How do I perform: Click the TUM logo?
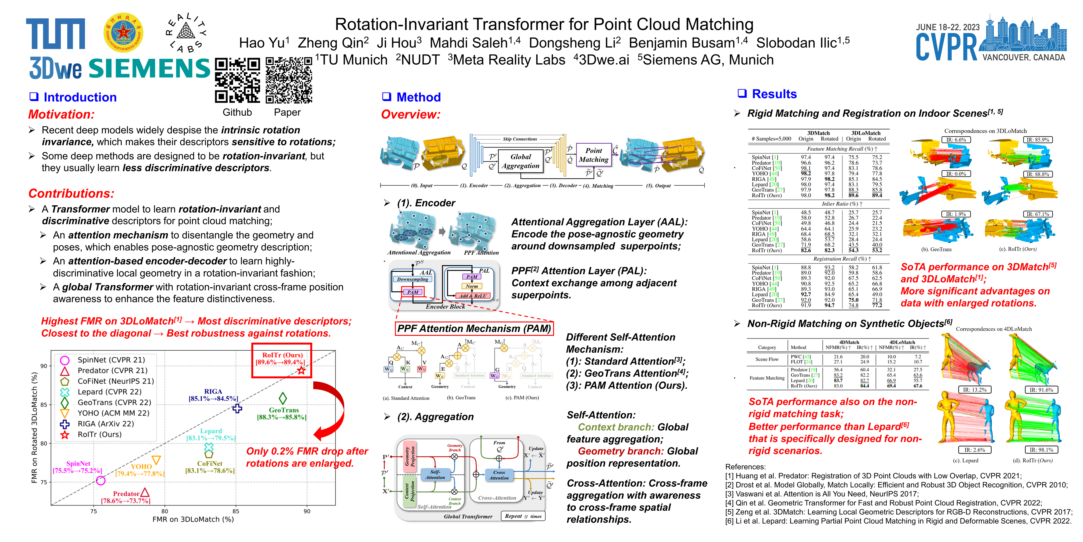pos(55,34)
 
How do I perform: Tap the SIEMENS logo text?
pos(149,68)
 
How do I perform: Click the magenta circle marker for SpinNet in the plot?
pos(100,480)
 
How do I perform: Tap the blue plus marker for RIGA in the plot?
pos(237,408)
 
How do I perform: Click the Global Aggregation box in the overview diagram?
pos(521,161)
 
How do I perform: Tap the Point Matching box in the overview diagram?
pos(593,155)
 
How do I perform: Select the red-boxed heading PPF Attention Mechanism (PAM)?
pos(474,329)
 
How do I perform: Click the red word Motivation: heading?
pos(61,115)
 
